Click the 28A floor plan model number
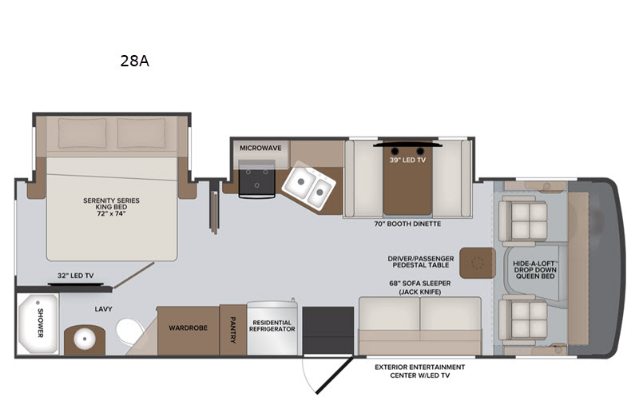134,62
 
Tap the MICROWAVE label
260,148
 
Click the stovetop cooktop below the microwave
256,178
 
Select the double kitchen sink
309,188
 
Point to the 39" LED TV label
407,160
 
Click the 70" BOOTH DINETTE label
407,224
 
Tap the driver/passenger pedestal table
478,263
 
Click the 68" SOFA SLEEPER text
420,283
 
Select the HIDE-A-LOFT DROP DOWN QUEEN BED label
535,270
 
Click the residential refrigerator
272,328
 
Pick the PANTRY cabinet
232,330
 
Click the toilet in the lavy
129,331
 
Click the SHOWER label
41,323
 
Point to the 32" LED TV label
75,276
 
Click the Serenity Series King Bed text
111,207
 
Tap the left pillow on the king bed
82,133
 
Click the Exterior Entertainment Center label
420,371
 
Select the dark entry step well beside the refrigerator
328,331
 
